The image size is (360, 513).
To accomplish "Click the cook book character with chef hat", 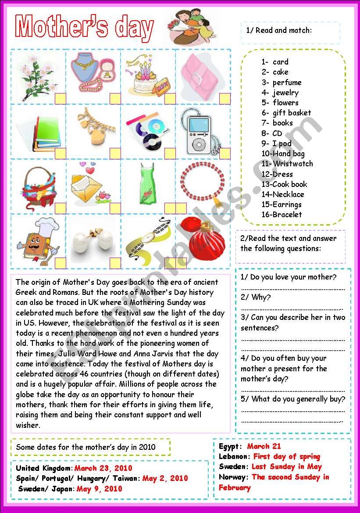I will (x=37, y=240).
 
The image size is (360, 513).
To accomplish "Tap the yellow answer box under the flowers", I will (x=60, y=98).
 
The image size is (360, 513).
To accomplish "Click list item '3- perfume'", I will (x=282, y=83).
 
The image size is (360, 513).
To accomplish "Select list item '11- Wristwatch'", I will (x=287, y=164).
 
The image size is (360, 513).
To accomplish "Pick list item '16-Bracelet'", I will (x=282, y=215).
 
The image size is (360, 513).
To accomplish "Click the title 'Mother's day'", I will (x=85, y=28).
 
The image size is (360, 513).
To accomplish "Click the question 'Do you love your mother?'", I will (x=289, y=277).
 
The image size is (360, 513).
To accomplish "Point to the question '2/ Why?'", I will (x=256, y=297).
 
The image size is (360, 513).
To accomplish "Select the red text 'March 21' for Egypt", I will (x=264, y=446).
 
